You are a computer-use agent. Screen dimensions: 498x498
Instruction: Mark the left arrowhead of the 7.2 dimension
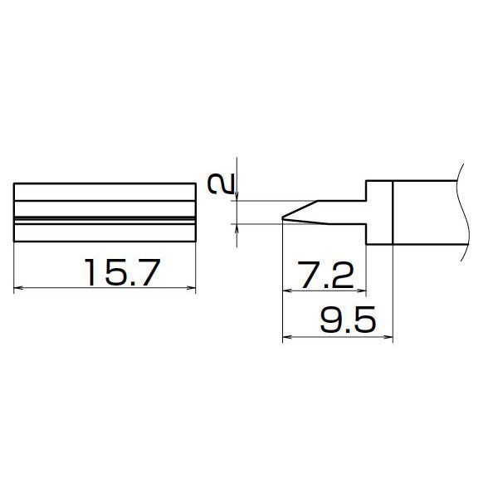287,291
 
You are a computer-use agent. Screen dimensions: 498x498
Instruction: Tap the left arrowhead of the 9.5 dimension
287,337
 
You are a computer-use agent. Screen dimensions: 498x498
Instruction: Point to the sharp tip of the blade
284,220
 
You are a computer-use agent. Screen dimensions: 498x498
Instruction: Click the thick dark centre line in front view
105,218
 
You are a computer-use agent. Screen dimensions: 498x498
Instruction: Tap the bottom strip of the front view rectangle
105,232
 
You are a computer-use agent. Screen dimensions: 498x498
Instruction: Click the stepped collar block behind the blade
378,212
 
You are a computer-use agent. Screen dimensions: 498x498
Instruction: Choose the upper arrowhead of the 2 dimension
238,196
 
